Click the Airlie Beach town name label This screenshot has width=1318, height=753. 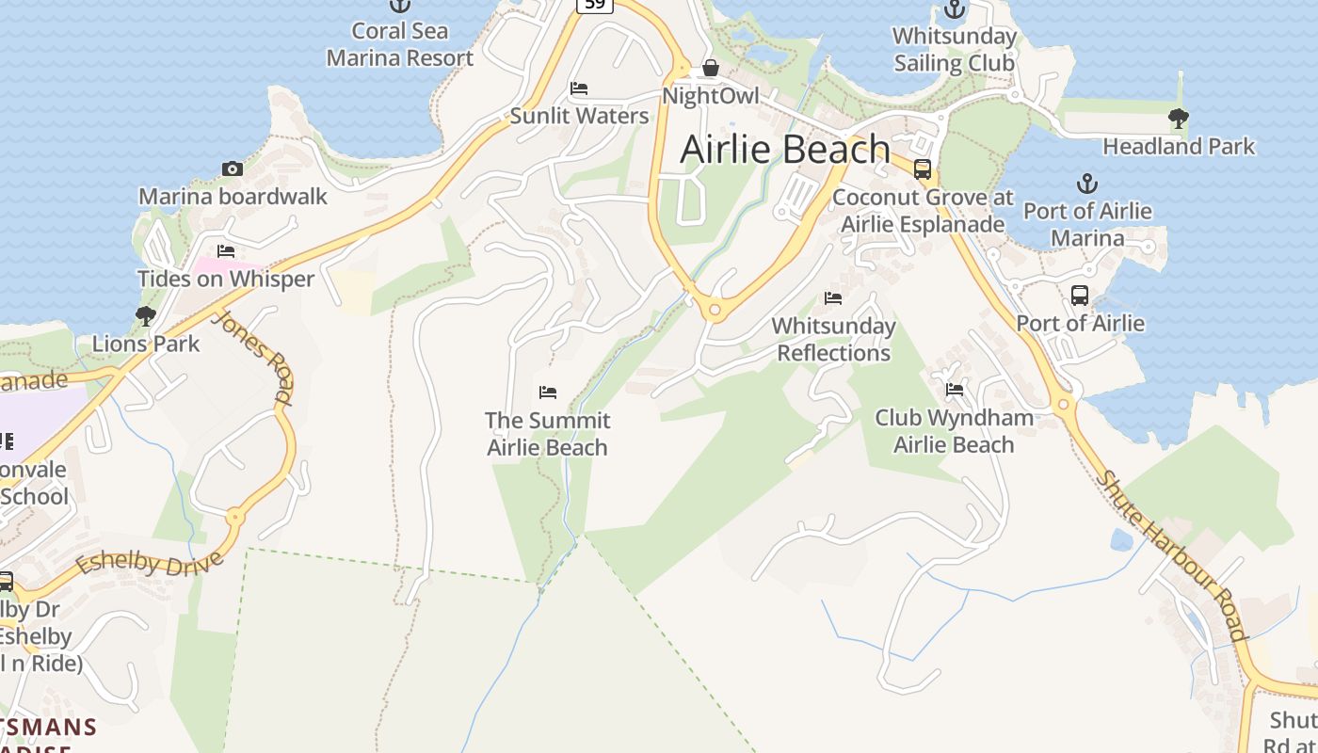(785, 149)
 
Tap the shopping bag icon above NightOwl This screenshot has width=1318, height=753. (711, 68)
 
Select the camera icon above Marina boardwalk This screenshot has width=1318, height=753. (233, 169)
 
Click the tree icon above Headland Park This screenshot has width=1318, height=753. (1178, 119)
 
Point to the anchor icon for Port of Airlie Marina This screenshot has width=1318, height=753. (1087, 183)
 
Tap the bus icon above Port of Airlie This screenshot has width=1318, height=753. (1080, 296)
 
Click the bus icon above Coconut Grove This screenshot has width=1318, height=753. (923, 169)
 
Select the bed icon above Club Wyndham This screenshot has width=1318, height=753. (955, 390)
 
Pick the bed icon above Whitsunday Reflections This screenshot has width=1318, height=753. (833, 298)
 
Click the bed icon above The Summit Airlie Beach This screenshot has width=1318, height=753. (548, 392)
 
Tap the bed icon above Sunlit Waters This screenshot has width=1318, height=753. (579, 88)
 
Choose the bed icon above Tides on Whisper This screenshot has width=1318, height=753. (226, 251)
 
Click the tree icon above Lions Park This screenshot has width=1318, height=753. (145, 315)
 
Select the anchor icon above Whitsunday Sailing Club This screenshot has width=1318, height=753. (955, 10)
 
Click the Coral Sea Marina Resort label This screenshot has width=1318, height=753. (400, 44)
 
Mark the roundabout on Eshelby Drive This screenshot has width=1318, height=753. (234, 517)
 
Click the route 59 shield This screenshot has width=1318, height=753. (595, 5)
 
